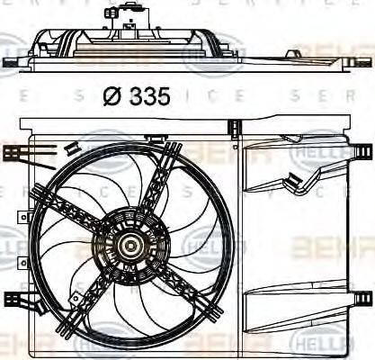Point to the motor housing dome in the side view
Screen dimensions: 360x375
126,31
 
